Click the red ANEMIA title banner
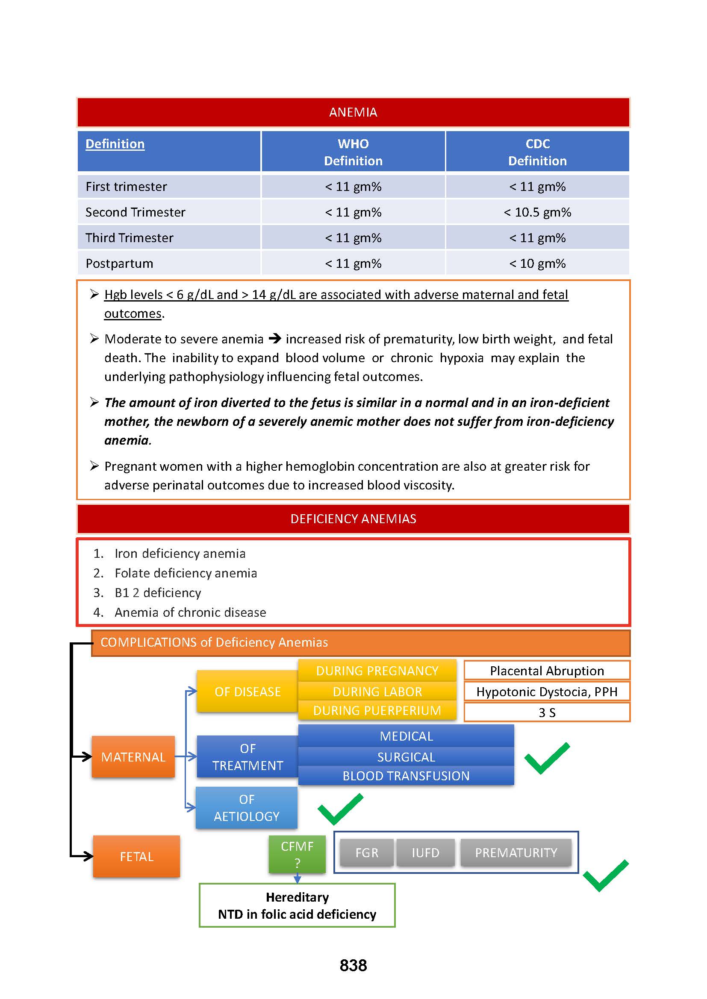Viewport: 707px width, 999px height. (x=353, y=112)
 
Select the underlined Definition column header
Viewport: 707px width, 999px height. (x=115, y=144)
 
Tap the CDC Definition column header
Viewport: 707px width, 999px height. (x=537, y=152)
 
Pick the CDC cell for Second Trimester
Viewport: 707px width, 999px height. (x=537, y=212)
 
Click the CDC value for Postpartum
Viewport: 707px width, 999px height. (x=537, y=264)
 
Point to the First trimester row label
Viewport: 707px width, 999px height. (x=126, y=187)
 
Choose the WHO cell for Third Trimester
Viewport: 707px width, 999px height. (x=353, y=238)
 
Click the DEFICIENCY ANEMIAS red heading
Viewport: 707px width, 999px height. (x=353, y=519)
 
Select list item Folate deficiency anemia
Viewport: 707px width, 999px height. (x=186, y=573)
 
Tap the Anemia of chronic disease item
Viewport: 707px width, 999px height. (x=190, y=612)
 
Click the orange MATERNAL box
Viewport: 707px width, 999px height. (x=133, y=757)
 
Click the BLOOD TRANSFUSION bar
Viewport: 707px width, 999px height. (x=406, y=776)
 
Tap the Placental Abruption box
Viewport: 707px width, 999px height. (x=547, y=671)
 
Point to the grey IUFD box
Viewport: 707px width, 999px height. (x=425, y=853)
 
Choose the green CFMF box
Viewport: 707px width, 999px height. (x=297, y=854)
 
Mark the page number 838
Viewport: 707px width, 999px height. (x=353, y=965)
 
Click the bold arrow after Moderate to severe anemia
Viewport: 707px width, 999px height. (x=275, y=339)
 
